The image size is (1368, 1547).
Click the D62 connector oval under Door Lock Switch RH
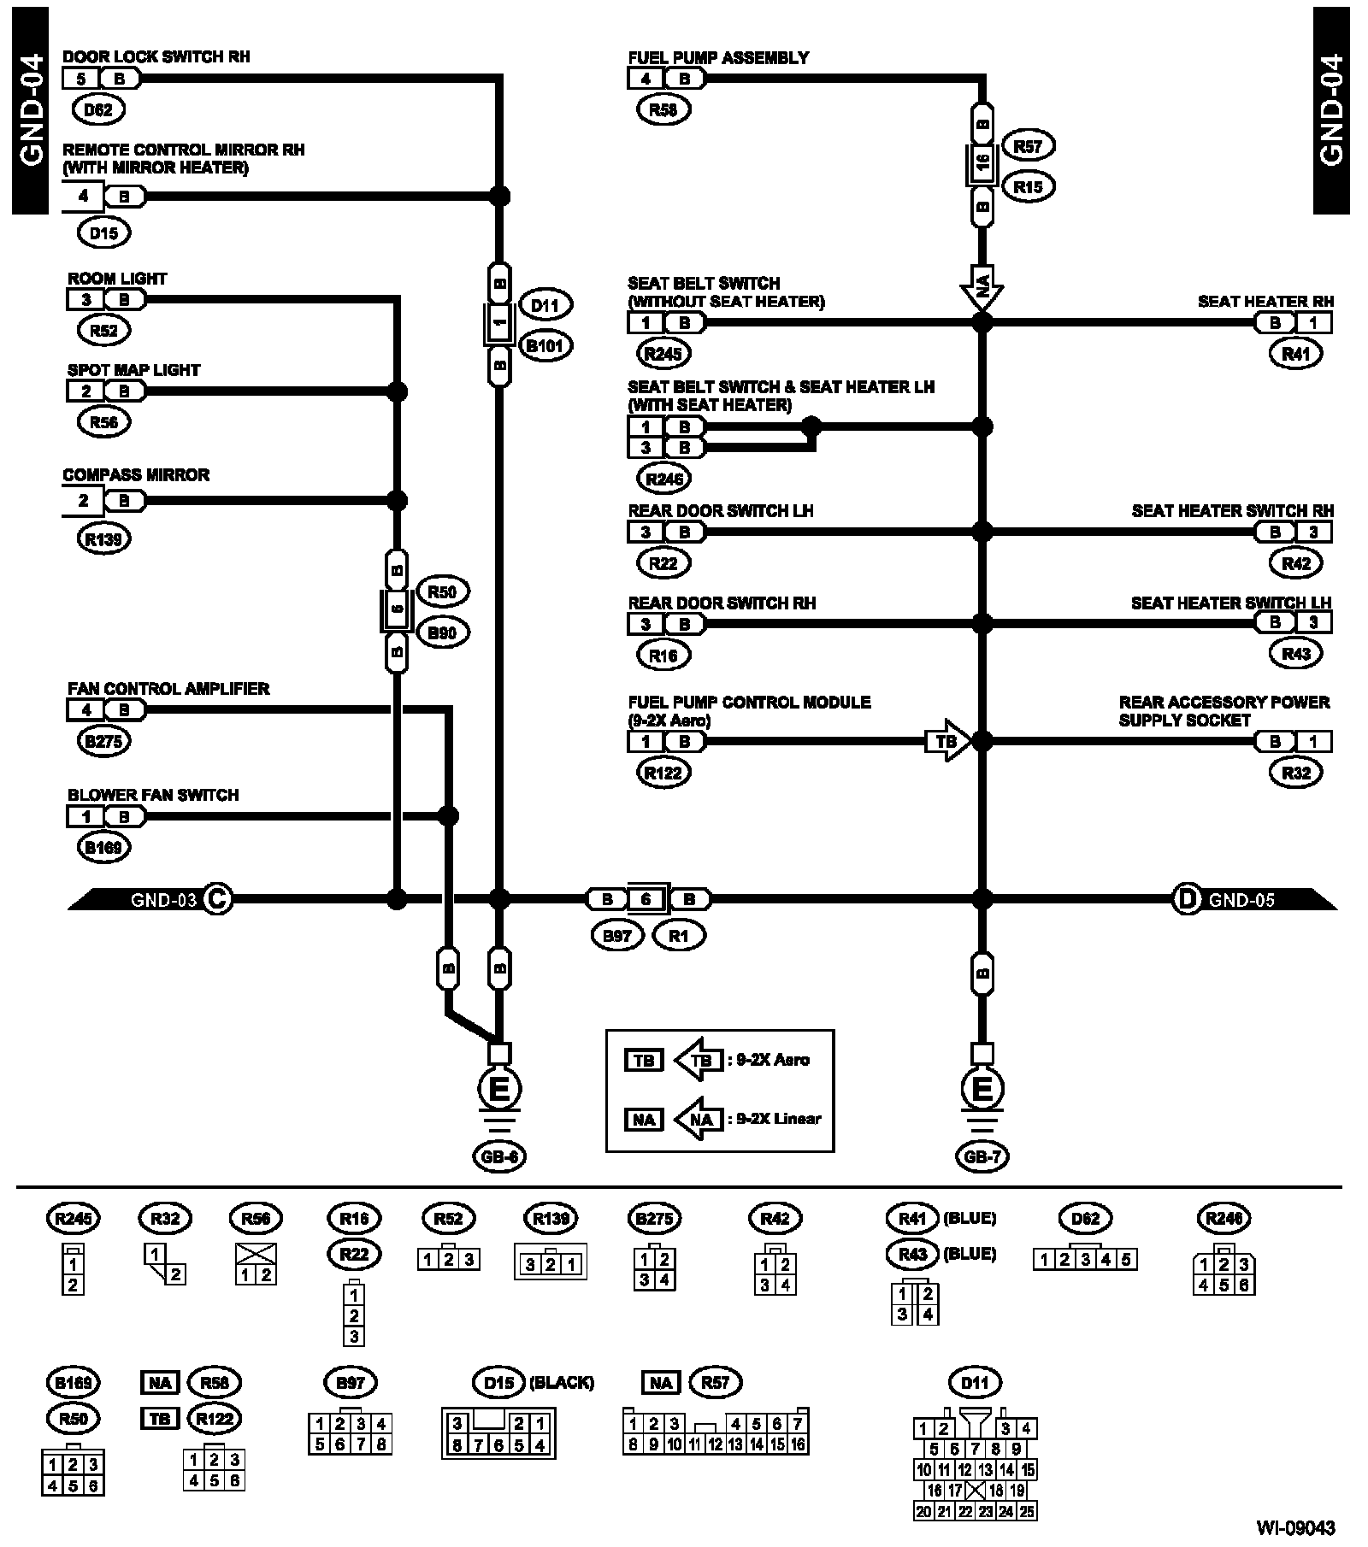coord(103,109)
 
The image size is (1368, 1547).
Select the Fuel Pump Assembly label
coord(718,58)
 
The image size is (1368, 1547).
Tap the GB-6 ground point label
coord(498,1157)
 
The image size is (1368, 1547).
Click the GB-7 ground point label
coord(982,1157)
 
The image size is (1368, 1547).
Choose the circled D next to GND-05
coord(1187,899)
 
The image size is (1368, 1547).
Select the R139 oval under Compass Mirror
coord(103,539)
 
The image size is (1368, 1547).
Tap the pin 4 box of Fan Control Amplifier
coord(85,710)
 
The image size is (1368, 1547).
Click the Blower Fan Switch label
coord(153,795)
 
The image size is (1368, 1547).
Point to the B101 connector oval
coord(545,346)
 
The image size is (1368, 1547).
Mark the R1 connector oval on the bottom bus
coord(678,936)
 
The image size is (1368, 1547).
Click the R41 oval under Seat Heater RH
coord(1296,354)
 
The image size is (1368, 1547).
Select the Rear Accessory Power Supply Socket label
coord(1224,711)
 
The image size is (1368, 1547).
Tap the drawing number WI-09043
coord(1295,1527)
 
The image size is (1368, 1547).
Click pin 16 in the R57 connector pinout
coord(798,1444)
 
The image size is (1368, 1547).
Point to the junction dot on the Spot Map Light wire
coord(397,391)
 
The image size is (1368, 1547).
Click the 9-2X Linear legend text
coord(778,1119)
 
